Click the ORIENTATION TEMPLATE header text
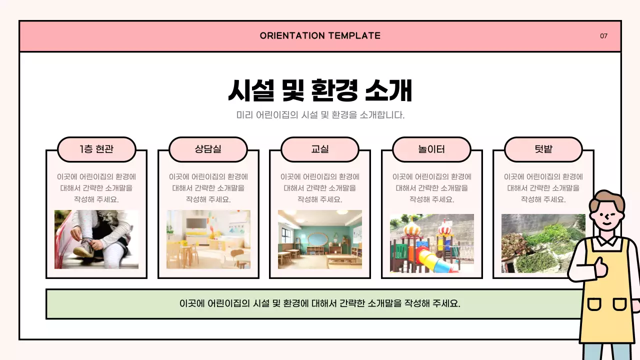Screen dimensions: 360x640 320,35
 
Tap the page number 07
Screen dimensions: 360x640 603,36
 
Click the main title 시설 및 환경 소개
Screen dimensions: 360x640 320,90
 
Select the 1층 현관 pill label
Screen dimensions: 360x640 96,149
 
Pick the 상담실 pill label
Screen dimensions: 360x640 208,149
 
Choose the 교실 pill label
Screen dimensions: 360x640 320,149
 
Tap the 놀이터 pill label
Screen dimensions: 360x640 431,149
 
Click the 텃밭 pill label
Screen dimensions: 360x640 543,149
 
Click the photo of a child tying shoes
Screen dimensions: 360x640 96,239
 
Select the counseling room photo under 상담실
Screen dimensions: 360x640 208,239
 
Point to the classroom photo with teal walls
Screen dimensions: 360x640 320,239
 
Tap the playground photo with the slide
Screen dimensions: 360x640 431,243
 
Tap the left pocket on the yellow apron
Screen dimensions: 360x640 594,304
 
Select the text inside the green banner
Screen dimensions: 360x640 320,303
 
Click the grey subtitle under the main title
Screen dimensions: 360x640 320,115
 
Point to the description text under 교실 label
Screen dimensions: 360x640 320,188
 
